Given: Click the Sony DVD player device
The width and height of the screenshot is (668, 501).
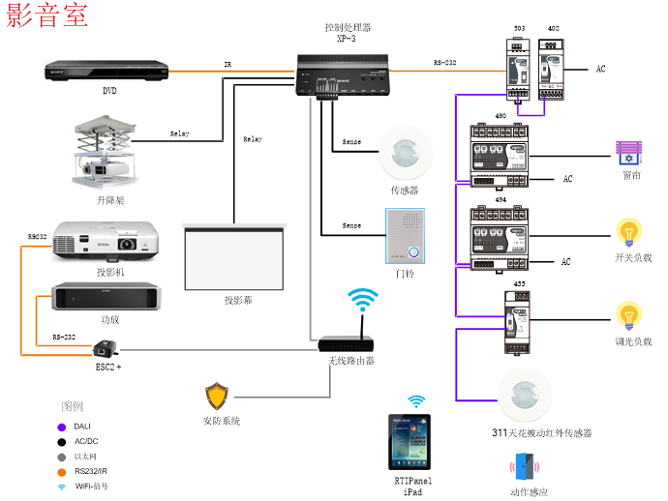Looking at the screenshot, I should [106, 71].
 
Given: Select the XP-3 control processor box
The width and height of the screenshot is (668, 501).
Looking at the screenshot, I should [346, 74].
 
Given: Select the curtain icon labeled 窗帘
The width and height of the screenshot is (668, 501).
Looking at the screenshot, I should [629, 153].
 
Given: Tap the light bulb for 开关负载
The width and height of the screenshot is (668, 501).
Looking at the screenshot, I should [630, 233].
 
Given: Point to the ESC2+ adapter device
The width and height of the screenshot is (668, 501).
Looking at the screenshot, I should [105, 348].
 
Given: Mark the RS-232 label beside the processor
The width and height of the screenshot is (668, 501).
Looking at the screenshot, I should [446, 62].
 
